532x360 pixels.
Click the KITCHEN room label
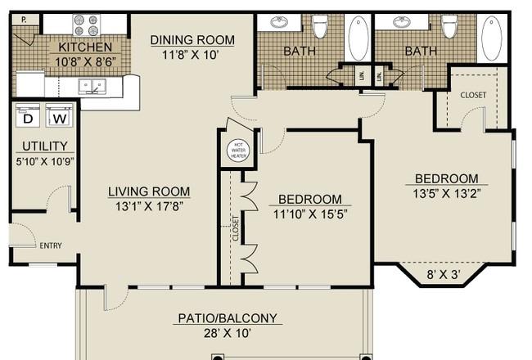click(x=85, y=47)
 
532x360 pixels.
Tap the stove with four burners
click(x=87, y=25)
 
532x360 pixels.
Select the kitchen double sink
click(x=92, y=86)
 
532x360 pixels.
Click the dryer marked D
click(x=28, y=115)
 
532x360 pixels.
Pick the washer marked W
click(x=60, y=115)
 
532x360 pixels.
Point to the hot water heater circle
click(x=238, y=151)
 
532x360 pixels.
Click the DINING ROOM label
click(x=192, y=40)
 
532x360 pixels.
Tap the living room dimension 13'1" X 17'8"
click(x=149, y=206)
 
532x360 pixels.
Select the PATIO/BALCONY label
click(x=228, y=318)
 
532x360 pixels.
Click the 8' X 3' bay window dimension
click(x=444, y=274)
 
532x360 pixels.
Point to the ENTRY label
click(x=51, y=245)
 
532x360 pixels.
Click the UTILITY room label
click(x=45, y=146)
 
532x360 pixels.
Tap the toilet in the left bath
click(x=319, y=26)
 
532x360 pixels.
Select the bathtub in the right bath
click(x=492, y=38)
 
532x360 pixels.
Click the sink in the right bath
click(x=402, y=23)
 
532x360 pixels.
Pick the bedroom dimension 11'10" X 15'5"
click(x=310, y=214)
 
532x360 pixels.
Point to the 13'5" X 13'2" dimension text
click(x=447, y=193)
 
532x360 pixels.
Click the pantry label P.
click(x=24, y=20)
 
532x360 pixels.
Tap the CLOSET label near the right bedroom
click(x=473, y=95)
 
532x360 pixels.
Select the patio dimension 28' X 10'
click(x=228, y=333)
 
